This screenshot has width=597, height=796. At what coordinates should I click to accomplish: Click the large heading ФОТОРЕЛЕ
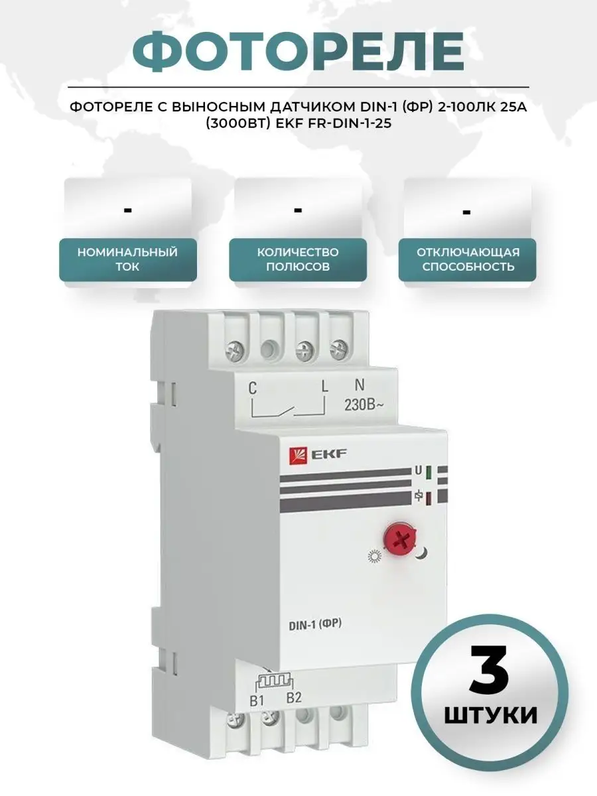tap(298, 51)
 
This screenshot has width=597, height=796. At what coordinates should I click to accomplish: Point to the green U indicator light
tap(428, 472)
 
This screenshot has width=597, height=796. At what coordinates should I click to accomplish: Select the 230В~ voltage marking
tap(364, 405)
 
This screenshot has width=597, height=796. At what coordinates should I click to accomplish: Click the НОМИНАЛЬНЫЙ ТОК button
tap(127, 259)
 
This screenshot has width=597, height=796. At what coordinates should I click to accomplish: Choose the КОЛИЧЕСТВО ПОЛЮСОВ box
tap(298, 259)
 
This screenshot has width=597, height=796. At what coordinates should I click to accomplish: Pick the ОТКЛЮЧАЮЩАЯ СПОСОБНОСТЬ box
tap(468, 259)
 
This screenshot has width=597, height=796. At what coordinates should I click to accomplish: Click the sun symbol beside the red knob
tap(374, 557)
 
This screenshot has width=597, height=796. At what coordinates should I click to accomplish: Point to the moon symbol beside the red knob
tap(422, 553)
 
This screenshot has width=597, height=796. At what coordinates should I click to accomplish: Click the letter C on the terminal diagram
tap(253, 389)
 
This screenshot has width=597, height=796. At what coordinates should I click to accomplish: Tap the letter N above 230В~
tap(360, 385)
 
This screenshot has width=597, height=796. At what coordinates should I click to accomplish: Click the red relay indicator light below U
tap(428, 499)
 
